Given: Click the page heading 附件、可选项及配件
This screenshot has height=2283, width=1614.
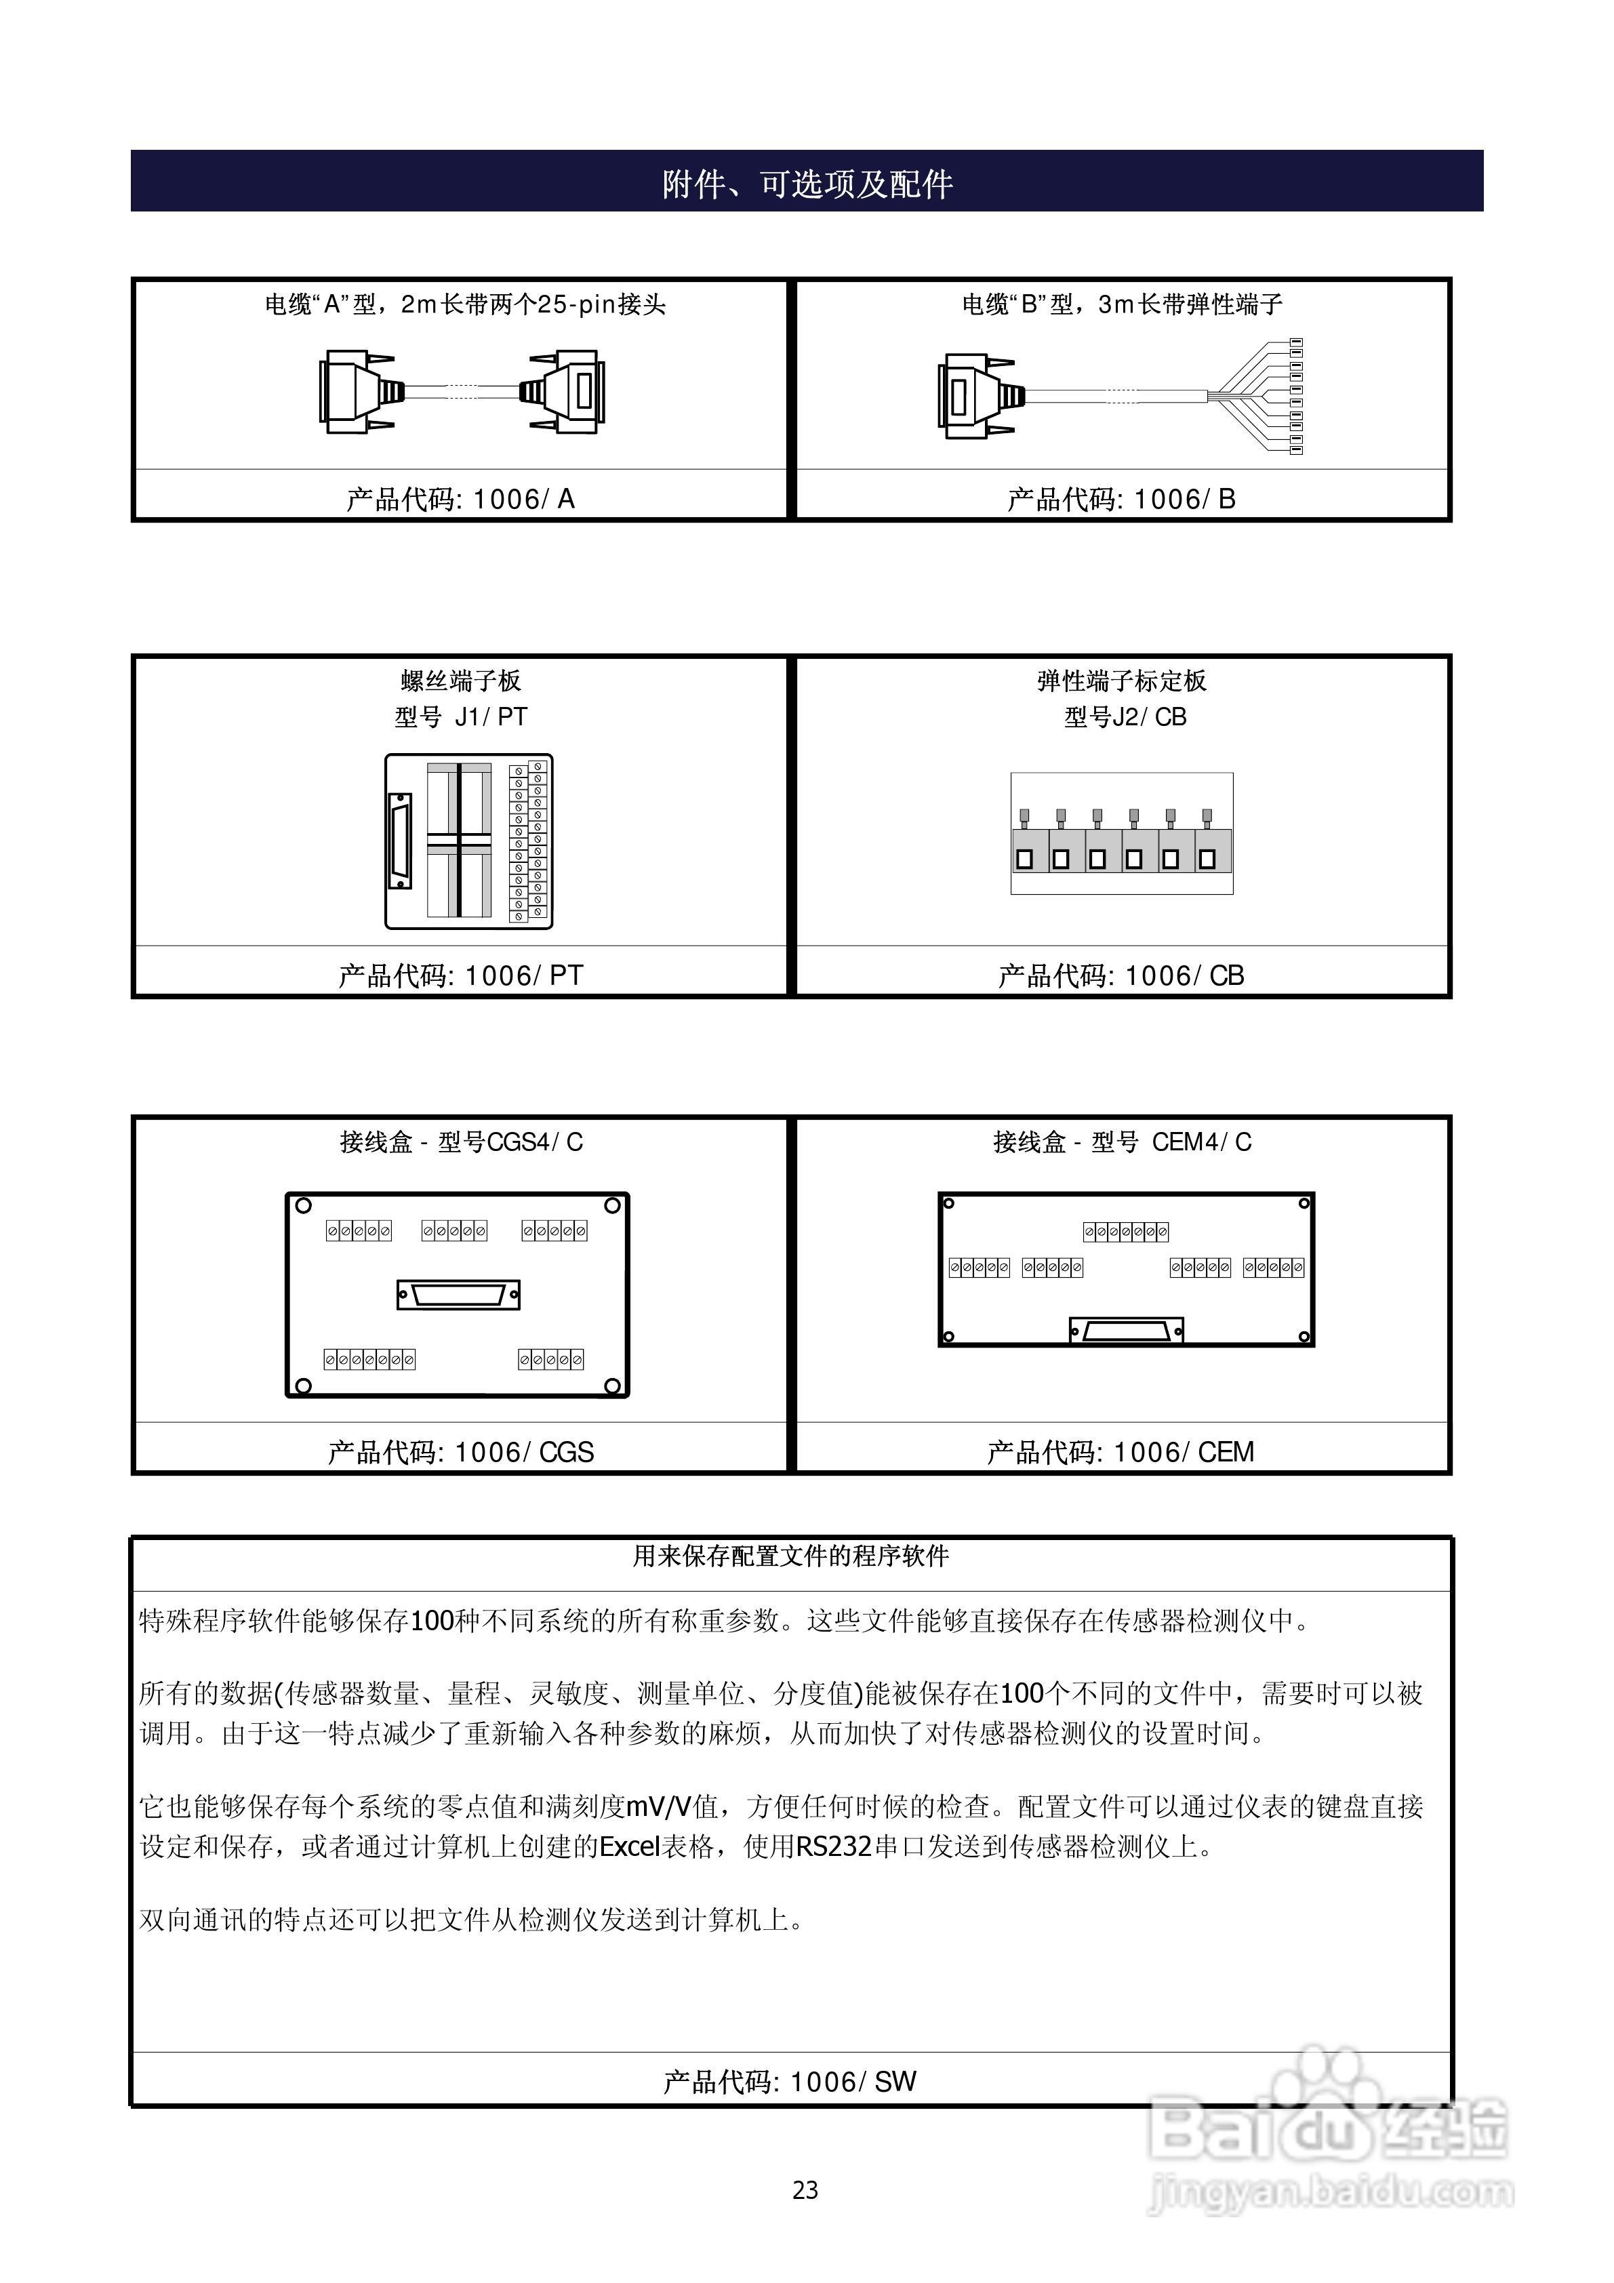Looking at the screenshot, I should pos(807,184).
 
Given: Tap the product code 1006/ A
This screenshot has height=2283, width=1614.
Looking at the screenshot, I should pos(460,499).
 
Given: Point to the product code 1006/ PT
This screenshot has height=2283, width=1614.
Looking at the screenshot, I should pos(460,975).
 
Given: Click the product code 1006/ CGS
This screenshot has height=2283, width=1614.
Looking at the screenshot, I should pos(460,1453).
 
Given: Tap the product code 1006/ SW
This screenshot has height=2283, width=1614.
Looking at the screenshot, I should pos(790,2082).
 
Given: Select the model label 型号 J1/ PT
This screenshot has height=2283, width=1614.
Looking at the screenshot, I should pos(460,717).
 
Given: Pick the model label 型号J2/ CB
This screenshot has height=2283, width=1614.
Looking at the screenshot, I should pos(1125,717).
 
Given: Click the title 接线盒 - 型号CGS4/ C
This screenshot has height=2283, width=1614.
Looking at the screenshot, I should pos(460,1142).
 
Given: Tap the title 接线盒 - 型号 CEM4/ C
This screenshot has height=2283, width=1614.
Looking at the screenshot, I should pos(1122,1142).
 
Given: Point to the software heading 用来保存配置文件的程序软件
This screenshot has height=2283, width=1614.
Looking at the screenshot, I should pos(790,1556).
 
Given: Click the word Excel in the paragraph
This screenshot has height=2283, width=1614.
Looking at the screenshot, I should pos(630,1847).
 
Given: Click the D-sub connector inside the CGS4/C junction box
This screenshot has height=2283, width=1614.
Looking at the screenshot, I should pos(458,1295).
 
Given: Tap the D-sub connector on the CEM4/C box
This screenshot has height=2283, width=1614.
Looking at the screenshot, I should pos(1126,1331).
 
